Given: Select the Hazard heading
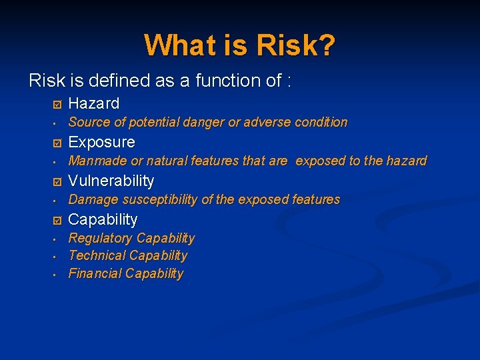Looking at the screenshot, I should point(94,103).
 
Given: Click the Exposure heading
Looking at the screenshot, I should point(101,142).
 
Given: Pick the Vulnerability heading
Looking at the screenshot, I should point(111,181).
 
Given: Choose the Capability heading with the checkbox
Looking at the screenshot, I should point(103,219).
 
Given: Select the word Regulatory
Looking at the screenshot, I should point(101,238).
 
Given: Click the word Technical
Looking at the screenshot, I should point(97,255).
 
